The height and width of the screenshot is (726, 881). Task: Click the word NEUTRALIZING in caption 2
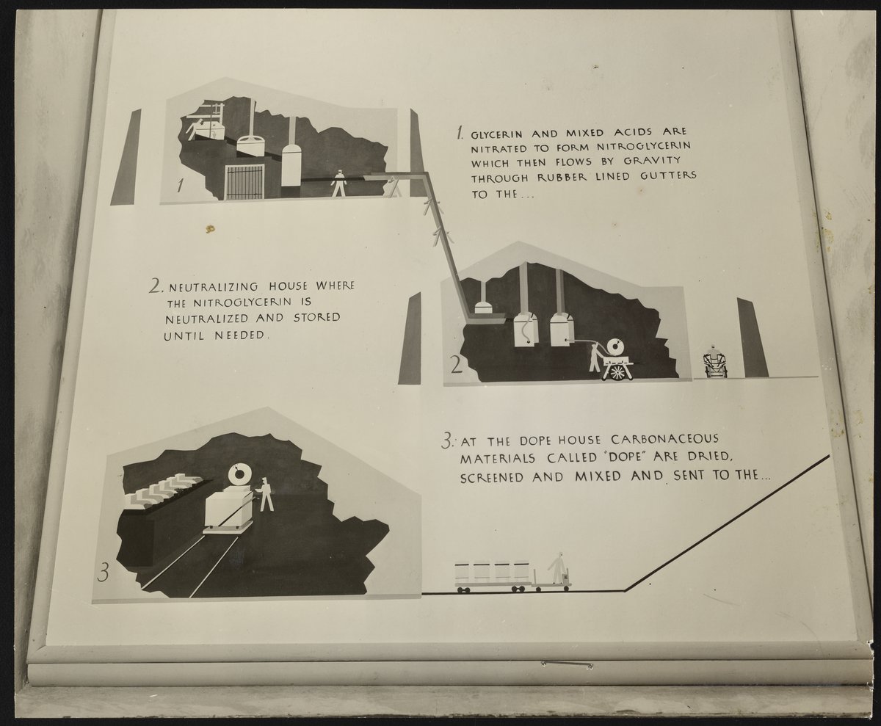[214, 287]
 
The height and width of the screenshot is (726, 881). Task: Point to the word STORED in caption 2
[317, 317]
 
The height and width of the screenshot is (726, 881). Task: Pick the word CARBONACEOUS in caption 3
[664, 439]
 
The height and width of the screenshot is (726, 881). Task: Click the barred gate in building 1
[244, 182]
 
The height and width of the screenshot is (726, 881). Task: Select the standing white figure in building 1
[338, 183]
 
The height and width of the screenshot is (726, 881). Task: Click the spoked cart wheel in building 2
[617, 372]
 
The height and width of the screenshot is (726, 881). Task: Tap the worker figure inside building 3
[265, 494]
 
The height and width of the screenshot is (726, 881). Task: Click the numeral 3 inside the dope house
[103, 573]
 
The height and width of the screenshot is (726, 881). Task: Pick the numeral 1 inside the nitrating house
[181, 185]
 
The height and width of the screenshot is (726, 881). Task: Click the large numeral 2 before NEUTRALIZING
[156, 286]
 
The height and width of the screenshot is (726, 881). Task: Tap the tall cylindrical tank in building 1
[291, 164]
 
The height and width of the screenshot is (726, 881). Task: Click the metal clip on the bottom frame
[568, 664]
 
